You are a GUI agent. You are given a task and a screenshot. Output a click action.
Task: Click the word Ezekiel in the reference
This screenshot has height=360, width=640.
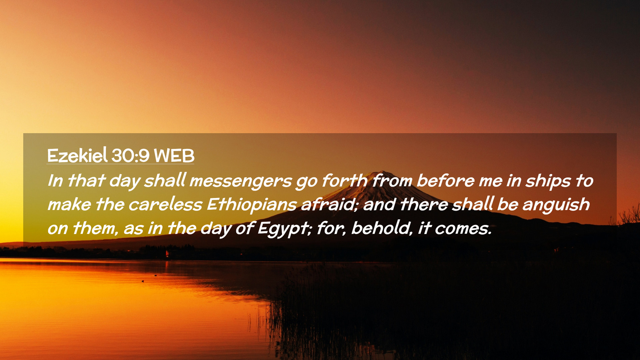pos(77,155)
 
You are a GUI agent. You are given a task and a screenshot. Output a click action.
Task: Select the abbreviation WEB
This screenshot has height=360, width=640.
pos(174,156)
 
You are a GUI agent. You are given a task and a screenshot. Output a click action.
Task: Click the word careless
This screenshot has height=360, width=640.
pos(165,204)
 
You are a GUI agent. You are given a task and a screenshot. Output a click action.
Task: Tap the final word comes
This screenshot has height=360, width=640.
pos(463,229)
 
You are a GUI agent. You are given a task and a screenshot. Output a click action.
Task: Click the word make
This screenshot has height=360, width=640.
pos(69,204)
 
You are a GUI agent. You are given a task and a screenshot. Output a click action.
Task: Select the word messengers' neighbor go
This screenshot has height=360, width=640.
pos(306,183)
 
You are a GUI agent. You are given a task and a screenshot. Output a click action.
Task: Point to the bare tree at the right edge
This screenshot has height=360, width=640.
pos(627,215)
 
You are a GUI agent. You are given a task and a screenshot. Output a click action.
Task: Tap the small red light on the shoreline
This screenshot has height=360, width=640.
pos(167,254)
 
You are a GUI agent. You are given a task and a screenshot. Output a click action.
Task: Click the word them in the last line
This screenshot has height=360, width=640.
pos(95,228)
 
